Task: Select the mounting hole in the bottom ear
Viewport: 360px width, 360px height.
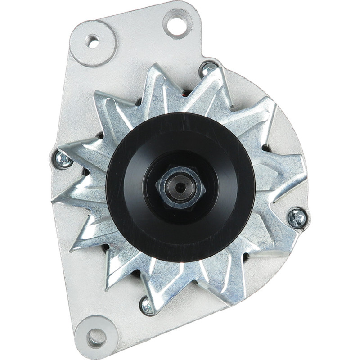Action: coord(96,337)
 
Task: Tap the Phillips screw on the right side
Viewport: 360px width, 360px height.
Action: coord(297,218)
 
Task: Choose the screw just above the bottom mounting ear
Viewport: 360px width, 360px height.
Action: coord(148,306)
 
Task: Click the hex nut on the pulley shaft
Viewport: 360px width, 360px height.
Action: coord(180,187)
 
